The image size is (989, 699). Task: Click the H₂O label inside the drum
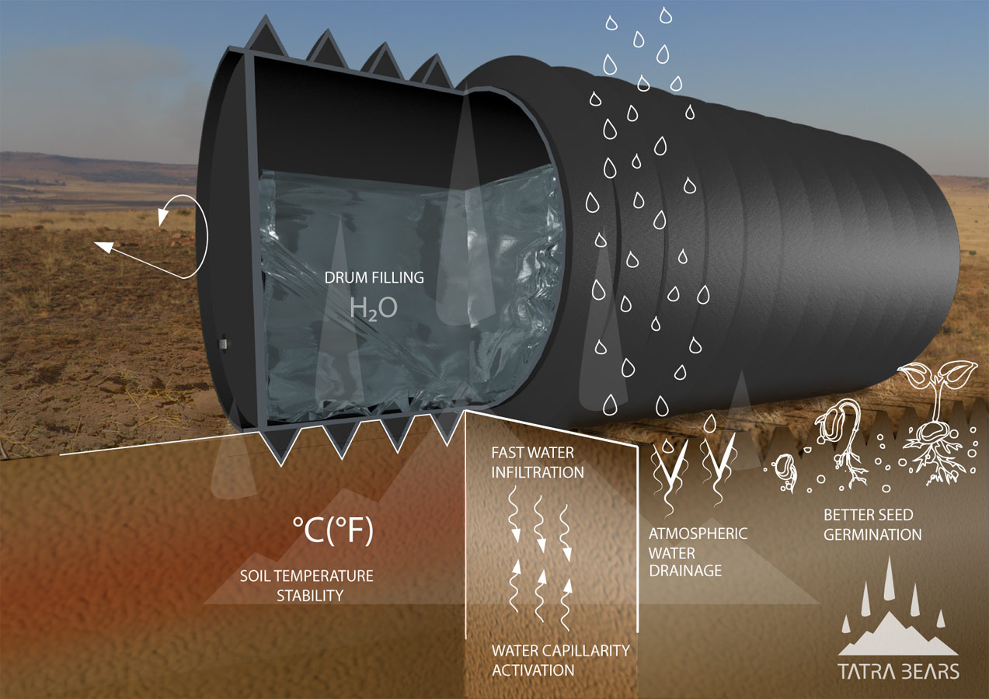tap(374, 308)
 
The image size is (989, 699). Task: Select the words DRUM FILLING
tap(374, 277)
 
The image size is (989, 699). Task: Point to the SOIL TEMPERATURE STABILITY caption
tap(306, 586)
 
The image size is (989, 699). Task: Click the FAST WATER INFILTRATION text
tap(538, 461)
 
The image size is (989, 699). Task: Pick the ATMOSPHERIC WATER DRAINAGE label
tap(698, 552)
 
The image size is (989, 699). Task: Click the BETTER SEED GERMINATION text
tap(872, 524)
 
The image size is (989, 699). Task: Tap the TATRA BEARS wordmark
tap(898, 671)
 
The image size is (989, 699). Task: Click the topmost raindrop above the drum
tap(666, 15)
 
